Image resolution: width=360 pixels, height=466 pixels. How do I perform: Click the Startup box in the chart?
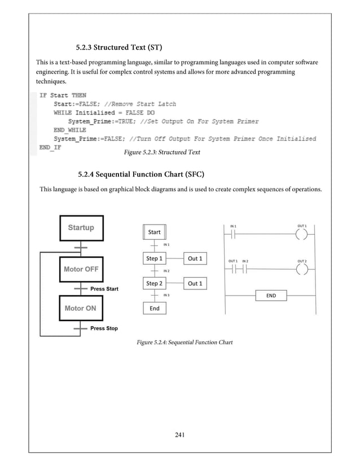[81, 228]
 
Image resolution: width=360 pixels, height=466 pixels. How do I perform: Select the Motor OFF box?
[81, 269]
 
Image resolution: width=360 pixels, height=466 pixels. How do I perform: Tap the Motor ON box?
[81, 309]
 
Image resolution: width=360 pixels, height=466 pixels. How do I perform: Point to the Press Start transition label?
[104, 289]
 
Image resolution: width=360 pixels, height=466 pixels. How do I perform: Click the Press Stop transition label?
[104, 328]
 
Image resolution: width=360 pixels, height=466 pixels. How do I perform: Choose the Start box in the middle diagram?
[154, 232]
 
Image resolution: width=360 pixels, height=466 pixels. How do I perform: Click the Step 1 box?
[154, 258]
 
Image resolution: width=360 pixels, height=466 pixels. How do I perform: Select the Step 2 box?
[154, 283]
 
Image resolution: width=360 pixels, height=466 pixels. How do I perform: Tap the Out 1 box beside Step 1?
[195, 258]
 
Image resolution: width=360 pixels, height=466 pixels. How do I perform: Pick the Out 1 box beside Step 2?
[195, 283]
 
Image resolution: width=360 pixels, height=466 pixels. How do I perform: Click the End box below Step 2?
[154, 309]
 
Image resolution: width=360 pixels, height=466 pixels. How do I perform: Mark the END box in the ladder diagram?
[271, 295]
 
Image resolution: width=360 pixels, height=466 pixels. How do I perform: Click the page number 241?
[180, 434]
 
